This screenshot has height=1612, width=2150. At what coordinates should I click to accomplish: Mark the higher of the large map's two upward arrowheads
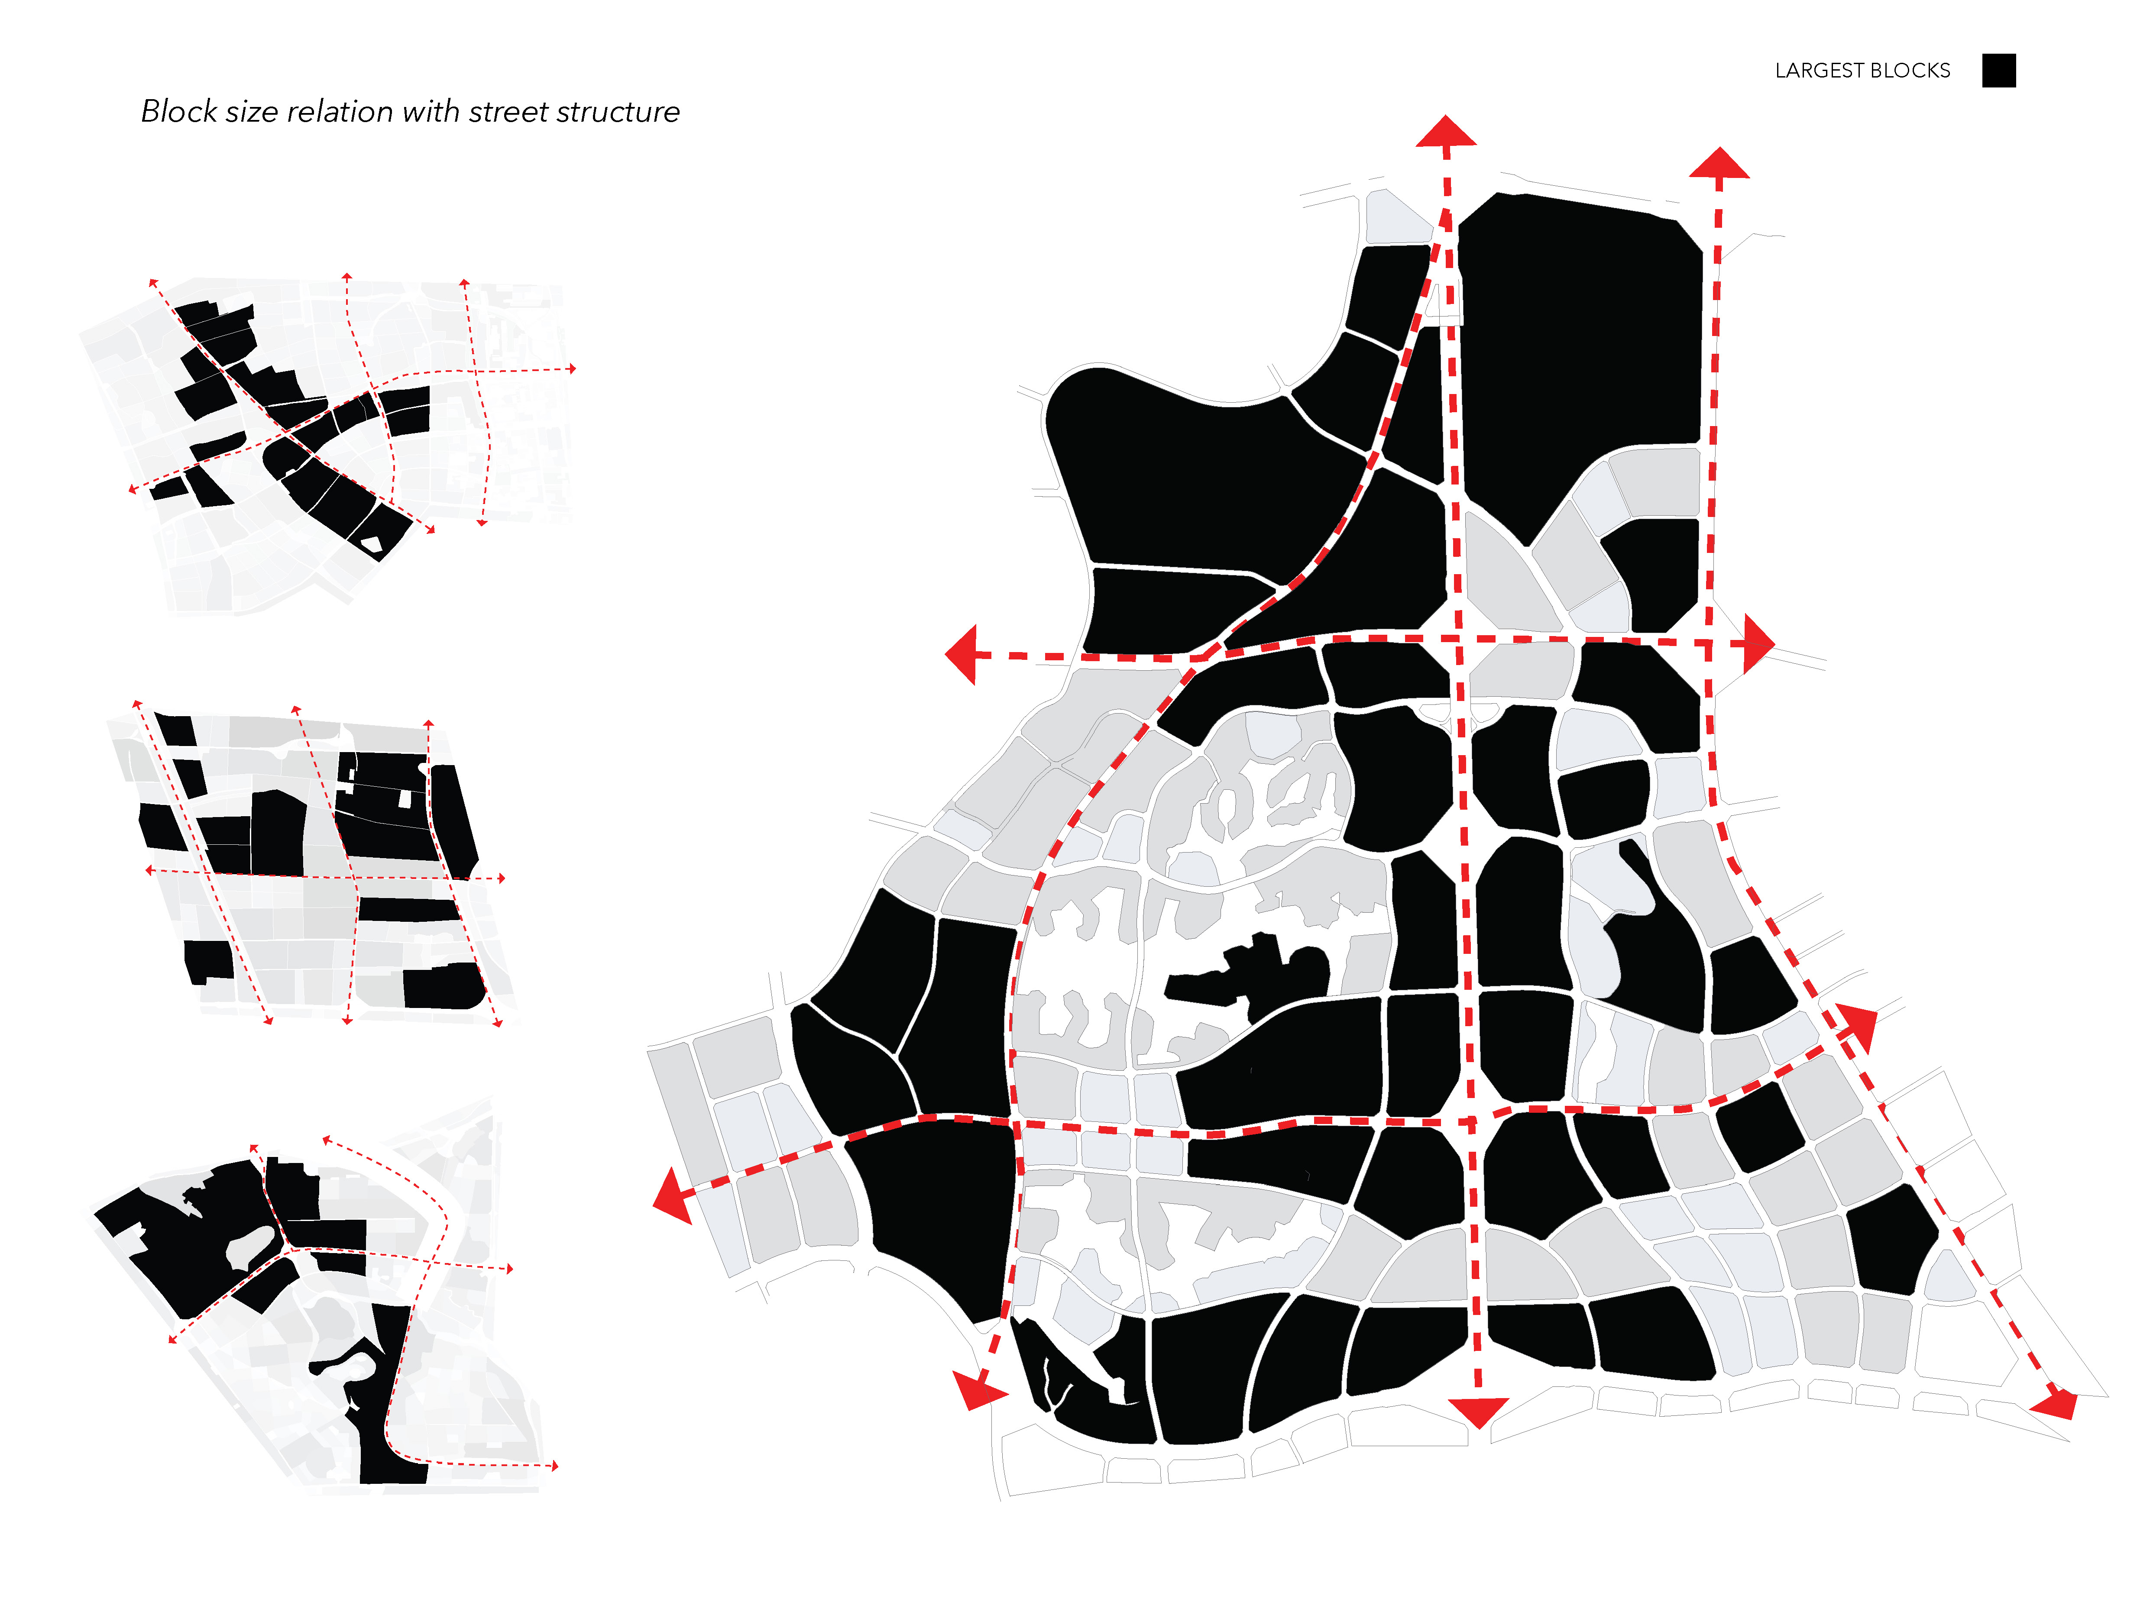point(1446,131)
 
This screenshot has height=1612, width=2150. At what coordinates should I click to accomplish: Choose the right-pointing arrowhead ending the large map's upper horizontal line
point(1759,643)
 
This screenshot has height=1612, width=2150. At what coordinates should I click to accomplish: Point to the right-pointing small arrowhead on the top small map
point(573,368)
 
